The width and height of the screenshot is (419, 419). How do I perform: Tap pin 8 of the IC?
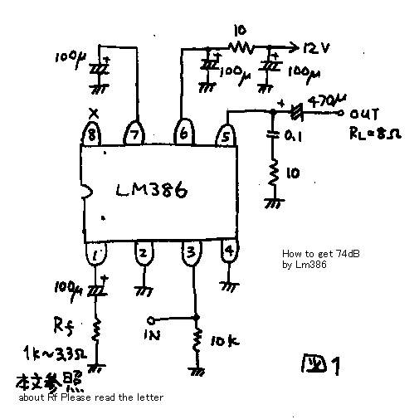tap(94, 134)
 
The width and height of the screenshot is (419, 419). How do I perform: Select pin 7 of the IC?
tap(134, 133)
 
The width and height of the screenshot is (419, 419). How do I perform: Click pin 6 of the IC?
tap(183, 132)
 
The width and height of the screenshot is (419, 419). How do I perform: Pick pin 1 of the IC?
tap(97, 254)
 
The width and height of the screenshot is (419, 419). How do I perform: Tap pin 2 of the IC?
tap(144, 254)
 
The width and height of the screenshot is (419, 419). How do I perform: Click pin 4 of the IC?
tap(228, 249)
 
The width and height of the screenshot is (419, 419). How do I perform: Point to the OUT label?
tap(364, 114)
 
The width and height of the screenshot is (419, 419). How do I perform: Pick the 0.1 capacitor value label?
tap(292, 135)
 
